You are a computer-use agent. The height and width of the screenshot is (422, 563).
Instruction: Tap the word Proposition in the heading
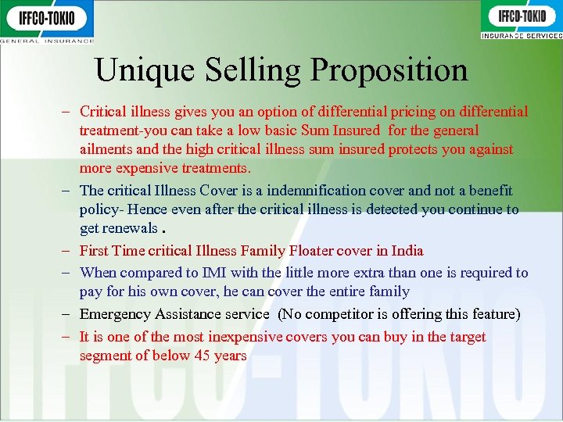[x=389, y=70]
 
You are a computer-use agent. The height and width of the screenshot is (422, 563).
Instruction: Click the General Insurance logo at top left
[x=47, y=21]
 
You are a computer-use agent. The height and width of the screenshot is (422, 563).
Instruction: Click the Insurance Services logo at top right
[x=522, y=20]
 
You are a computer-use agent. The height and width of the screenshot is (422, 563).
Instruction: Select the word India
[x=407, y=251]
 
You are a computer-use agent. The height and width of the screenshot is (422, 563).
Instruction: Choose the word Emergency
[x=115, y=314]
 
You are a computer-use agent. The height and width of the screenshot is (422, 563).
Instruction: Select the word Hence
[x=149, y=209]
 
